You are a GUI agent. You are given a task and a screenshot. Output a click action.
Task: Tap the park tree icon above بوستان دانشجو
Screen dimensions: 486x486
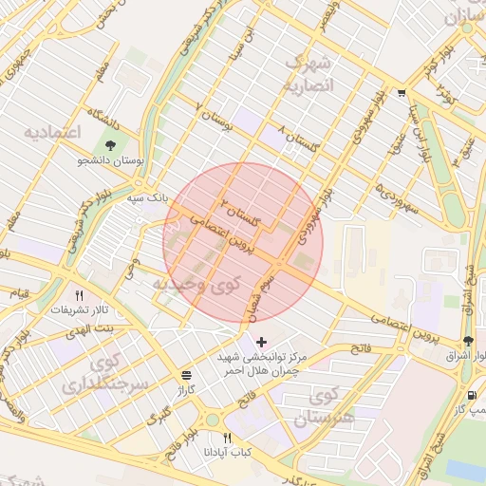(x=112, y=145)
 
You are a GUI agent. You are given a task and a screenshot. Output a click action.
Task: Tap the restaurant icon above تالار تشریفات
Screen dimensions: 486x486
(x=79, y=295)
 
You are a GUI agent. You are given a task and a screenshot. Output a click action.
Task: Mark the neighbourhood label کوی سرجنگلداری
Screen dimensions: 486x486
(x=104, y=375)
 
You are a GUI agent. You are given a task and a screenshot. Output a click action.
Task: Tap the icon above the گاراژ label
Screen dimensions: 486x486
(x=185, y=375)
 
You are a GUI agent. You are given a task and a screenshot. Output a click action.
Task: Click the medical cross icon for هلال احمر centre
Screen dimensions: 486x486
(x=262, y=341)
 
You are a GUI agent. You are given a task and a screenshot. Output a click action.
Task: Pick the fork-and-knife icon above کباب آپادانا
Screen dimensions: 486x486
(x=226, y=438)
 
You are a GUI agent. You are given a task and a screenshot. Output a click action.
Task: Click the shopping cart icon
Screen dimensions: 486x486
(x=402, y=93)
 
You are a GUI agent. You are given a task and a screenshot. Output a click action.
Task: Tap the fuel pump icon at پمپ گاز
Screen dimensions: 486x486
(x=471, y=394)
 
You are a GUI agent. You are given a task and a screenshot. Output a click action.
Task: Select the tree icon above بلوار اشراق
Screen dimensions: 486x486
(x=468, y=341)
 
